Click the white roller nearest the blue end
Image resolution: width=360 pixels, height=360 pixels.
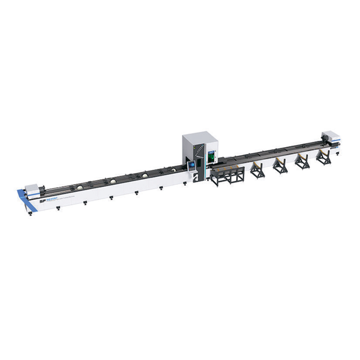pyautogui.click(x=79, y=187)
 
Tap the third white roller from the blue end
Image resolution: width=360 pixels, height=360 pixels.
pyautogui.click(x=145, y=175)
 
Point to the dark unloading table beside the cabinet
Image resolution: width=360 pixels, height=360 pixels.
pyautogui.click(x=229, y=173)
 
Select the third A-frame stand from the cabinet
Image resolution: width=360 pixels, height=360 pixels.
pyautogui.click(x=301, y=161)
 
